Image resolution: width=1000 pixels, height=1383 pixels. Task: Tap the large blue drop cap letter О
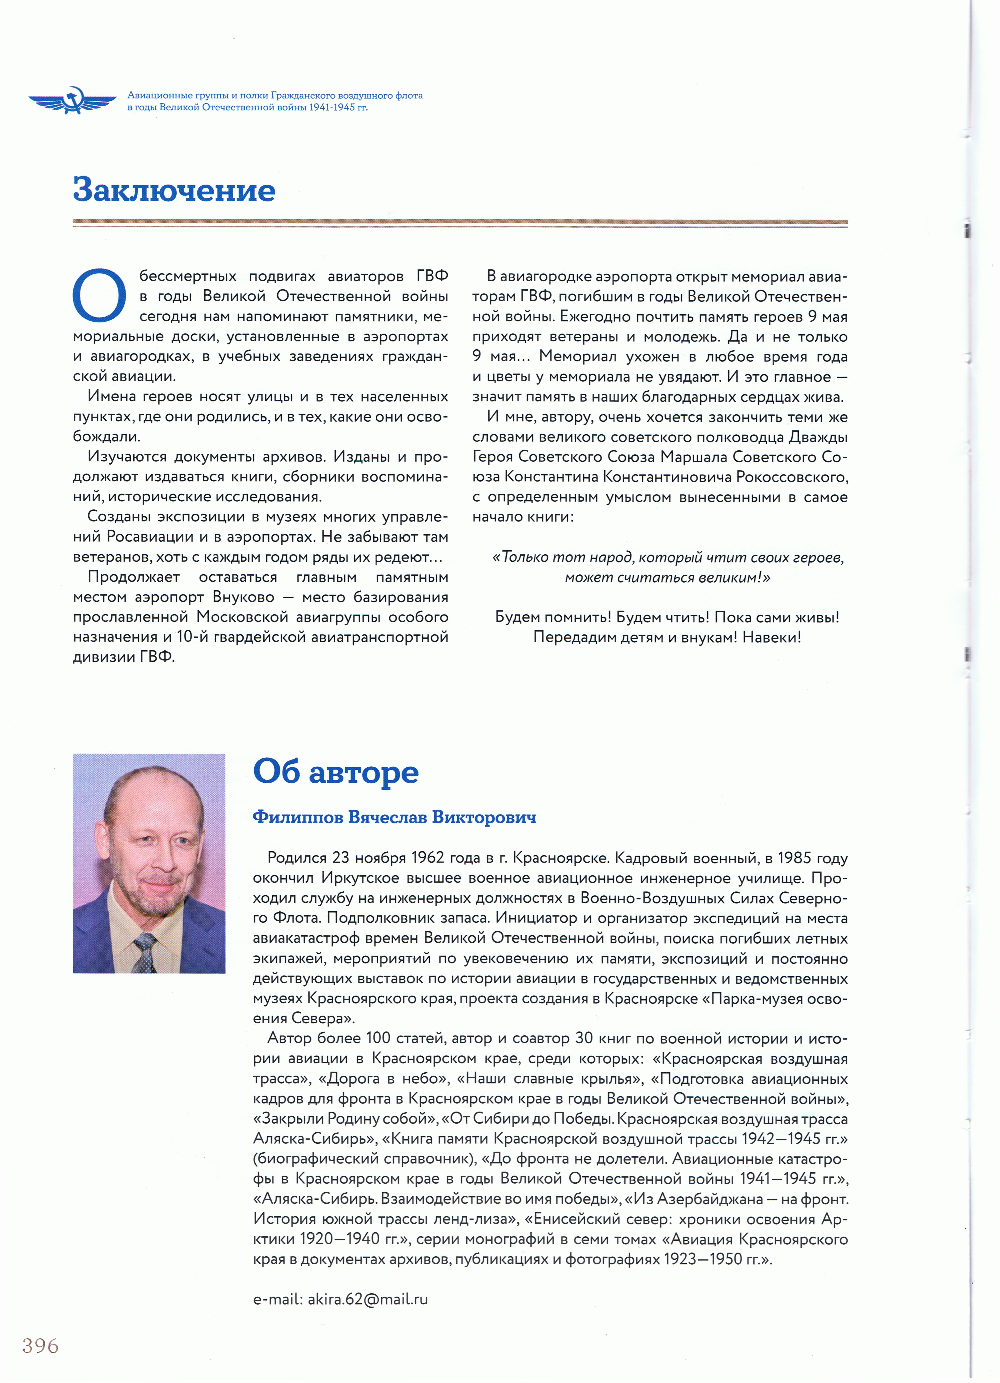(x=99, y=295)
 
